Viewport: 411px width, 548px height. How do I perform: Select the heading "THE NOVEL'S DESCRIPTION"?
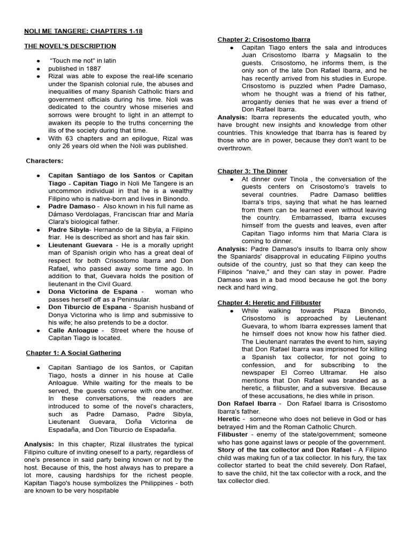click(x=70, y=47)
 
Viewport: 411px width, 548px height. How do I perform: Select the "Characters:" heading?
click(x=45, y=161)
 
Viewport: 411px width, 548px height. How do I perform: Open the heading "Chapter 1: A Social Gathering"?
click(x=74, y=353)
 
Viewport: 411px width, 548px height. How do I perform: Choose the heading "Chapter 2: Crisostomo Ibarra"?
click(x=263, y=40)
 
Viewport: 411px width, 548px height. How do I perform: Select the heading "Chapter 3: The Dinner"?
click(x=252, y=171)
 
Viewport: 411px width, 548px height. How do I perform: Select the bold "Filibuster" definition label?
click(x=233, y=435)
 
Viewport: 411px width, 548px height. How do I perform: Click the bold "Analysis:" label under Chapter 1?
click(x=39, y=444)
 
